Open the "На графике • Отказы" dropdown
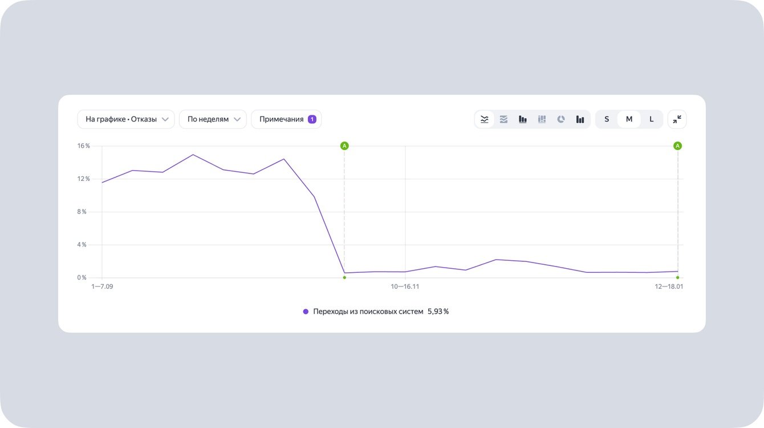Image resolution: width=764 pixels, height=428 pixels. coord(125,119)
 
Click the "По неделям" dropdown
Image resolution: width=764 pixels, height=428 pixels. coord(213,119)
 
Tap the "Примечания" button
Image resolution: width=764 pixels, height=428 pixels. coord(282,119)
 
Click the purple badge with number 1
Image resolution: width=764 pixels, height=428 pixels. coord(312,119)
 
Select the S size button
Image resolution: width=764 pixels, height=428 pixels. coord(607,119)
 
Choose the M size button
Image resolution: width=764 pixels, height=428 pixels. coord(629,119)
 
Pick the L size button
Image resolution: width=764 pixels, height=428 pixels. coord(652,119)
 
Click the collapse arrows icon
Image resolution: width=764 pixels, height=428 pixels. coord(677,119)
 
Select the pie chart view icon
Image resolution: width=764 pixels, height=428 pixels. coord(561,119)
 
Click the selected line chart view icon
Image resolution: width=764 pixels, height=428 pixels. coord(485,119)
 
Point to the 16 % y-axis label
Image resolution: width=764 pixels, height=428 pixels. coord(84,146)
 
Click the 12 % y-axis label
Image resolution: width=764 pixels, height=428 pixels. coord(84,179)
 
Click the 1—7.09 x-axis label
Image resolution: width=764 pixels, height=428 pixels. coord(102,286)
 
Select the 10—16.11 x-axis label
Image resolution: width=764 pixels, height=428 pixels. coord(405,286)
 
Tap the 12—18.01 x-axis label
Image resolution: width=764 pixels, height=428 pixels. coord(669,286)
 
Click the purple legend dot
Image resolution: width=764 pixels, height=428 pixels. coord(306,312)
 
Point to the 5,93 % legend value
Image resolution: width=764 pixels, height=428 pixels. coord(438,312)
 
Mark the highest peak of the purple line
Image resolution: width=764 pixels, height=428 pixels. coord(193,155)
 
